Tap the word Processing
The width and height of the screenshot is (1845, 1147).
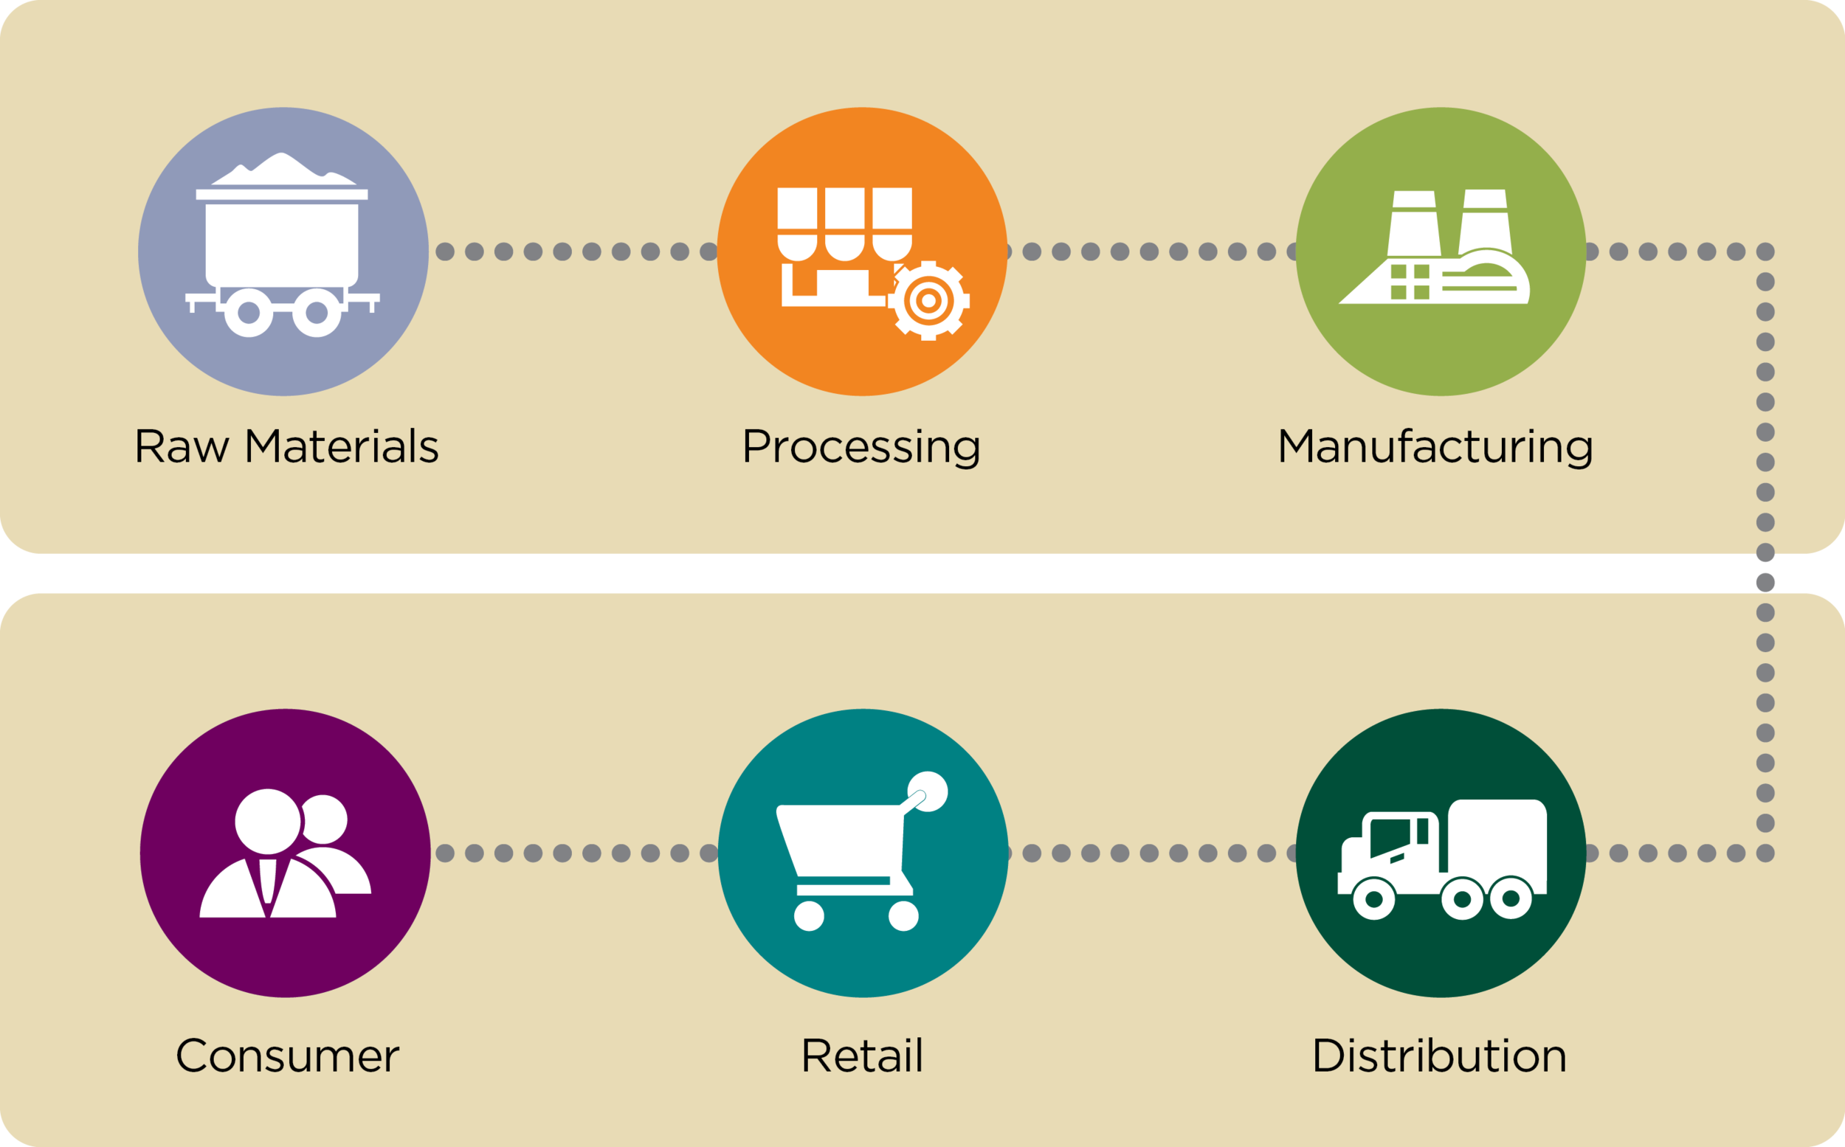click(x=861, y=448)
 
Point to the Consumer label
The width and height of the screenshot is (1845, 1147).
click(x=287, y=1056)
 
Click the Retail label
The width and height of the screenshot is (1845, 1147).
click(x=862, y=1056)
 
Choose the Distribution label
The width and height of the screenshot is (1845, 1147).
click(x=1439, y=1056)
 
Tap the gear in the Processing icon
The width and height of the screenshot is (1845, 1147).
click(x=928, y=300)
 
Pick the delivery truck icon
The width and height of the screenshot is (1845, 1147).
click(x=1441, y=858)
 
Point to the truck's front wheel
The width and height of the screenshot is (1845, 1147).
click(x=1373, y=899)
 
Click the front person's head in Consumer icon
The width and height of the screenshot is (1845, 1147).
click(x=267, y=822)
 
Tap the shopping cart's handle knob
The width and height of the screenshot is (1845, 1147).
click(x=928, y=792)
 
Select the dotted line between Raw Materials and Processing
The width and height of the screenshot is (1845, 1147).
click(x=577, y=252)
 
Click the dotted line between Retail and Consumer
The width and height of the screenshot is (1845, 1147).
click(x=577, y=853)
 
